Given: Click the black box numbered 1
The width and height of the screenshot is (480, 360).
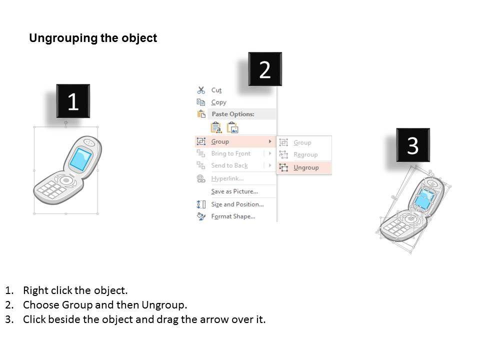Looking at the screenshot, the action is coord(73,101).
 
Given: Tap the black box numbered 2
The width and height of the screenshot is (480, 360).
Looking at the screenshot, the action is coord(265,69).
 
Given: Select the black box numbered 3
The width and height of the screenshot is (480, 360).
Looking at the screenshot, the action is coord(413,145).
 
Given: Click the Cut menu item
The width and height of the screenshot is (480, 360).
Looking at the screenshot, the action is coord(216,90).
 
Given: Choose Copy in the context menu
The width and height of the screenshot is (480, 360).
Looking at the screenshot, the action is coord(218,102).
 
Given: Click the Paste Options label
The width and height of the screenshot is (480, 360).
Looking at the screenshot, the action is coord(233,114).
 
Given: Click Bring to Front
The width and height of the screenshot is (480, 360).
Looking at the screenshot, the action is coord(231,153).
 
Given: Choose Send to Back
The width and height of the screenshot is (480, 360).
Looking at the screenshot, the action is coord(229,165).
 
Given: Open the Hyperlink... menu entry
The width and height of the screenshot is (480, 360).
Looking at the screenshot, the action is coord(227,178).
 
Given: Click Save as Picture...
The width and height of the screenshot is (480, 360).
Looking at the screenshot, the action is coord(234,191).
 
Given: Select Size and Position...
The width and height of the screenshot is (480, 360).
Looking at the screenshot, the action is coord(237,204).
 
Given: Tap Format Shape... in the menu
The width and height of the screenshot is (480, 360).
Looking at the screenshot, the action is coord(233,216).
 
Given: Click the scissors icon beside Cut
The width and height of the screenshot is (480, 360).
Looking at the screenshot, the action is coord(201,90).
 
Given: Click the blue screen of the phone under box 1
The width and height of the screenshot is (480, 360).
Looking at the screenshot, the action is coord(80,159).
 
